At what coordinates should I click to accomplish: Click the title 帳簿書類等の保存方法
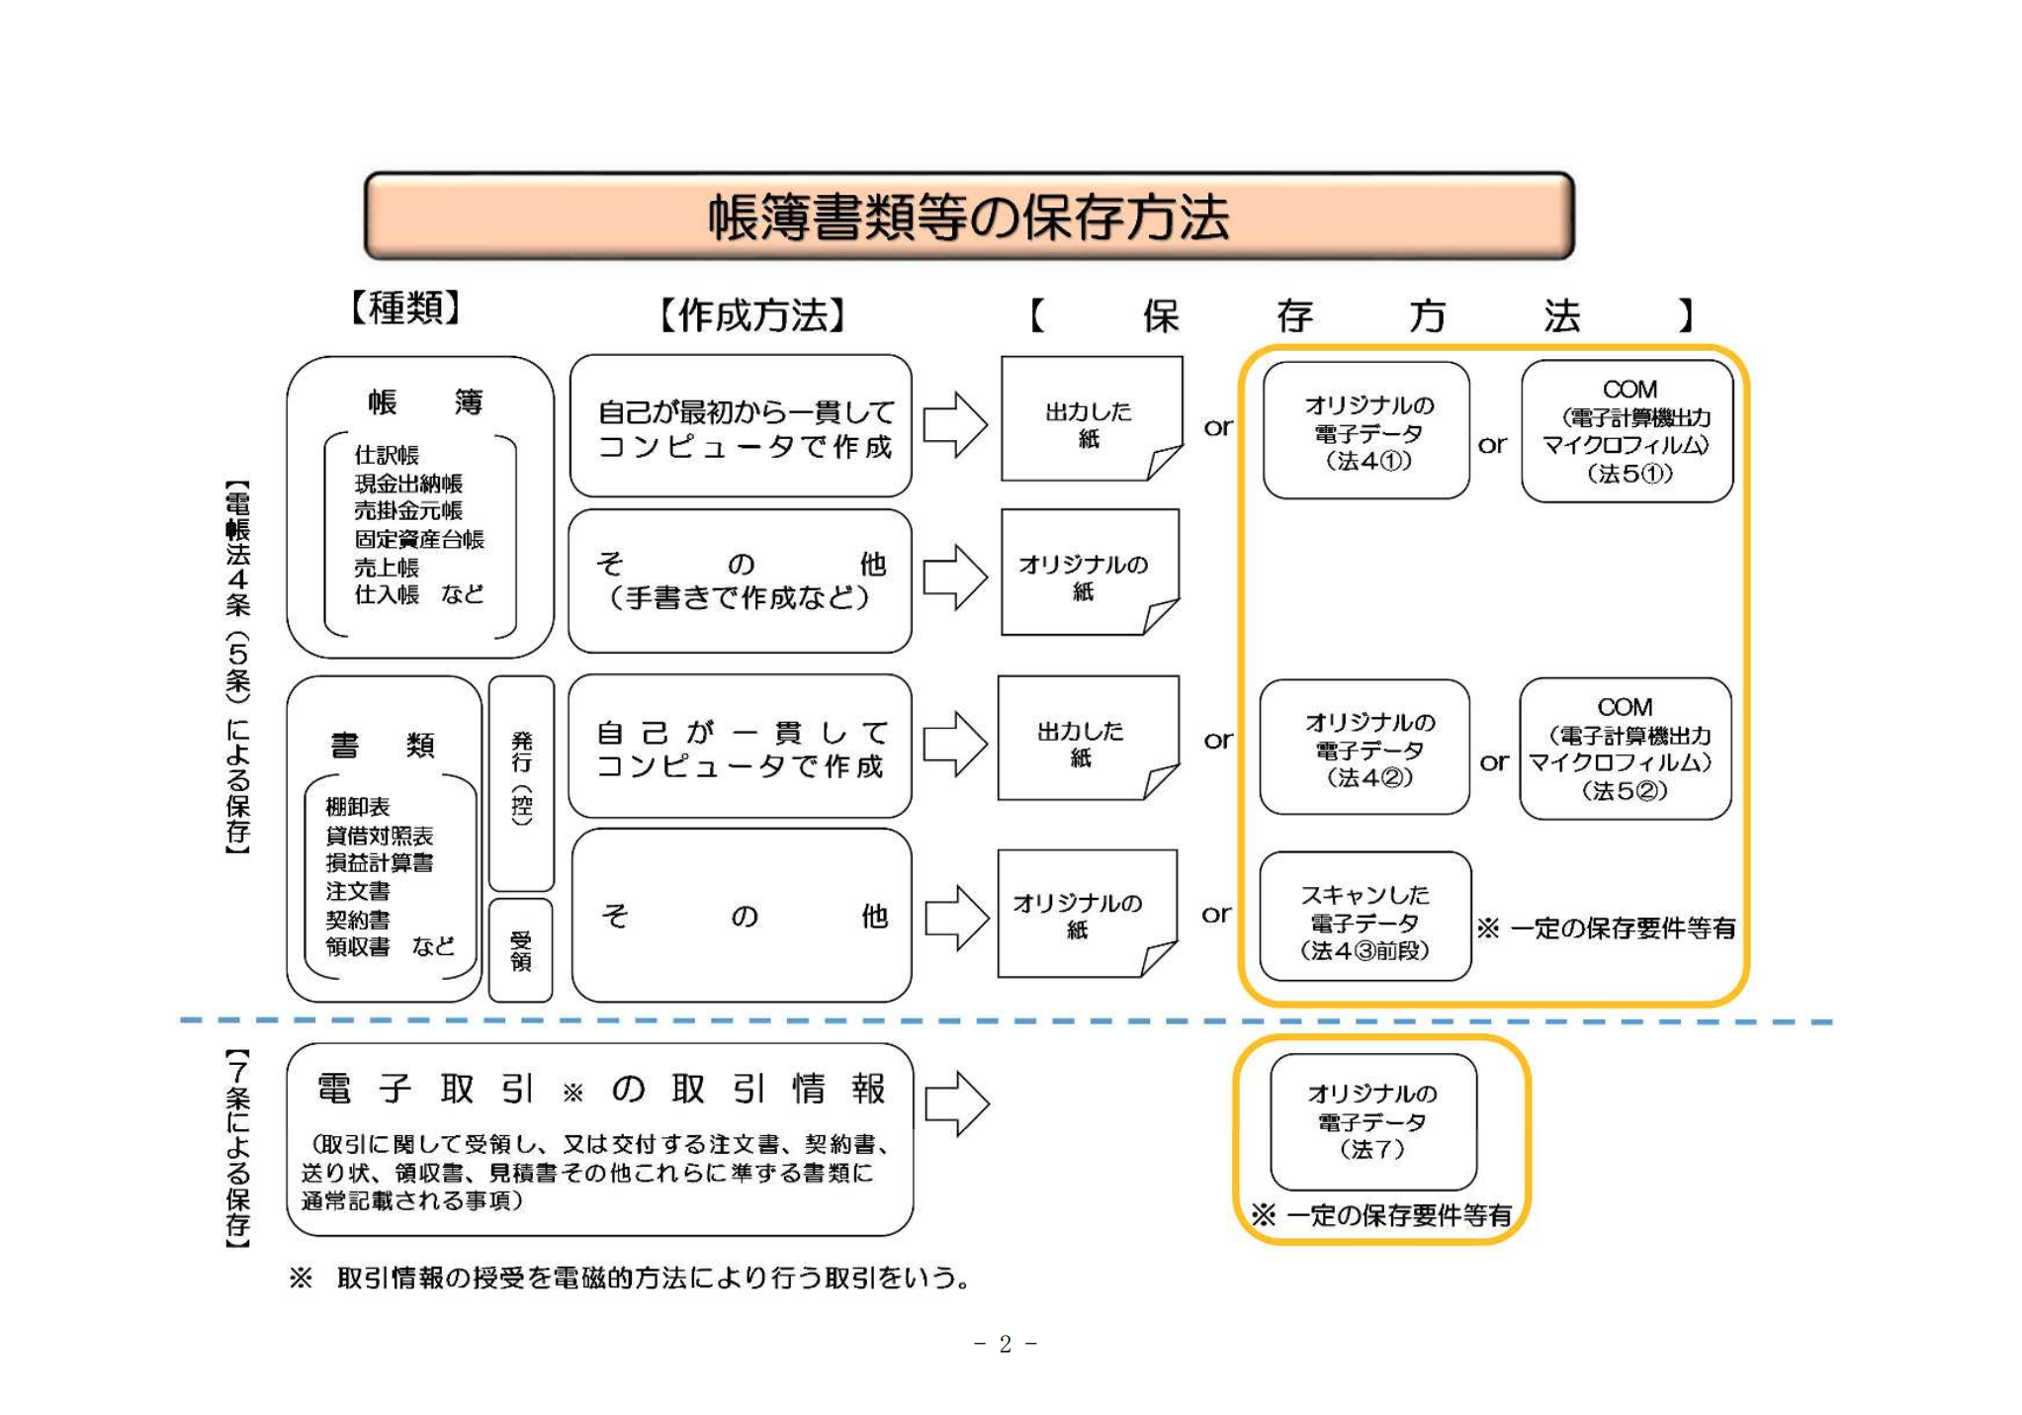pyautogui.click(x=968, y=217)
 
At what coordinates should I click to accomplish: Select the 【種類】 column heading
pyautogui.click(x=405, y=308)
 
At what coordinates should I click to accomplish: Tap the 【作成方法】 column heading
pyautogui.click(x=751, y=315)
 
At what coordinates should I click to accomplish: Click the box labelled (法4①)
pyautogui.click(x=1366, y=432)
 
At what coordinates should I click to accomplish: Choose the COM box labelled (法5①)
pyautogui.click(x=1626, y=432)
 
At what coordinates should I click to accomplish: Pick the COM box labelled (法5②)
pyautogui.click(x=1625, y=750)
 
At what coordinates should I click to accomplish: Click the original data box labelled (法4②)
pyautogui.click(x=1365, y=749)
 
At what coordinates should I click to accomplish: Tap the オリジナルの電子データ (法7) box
pyautogui.click(x=1372, y=1121)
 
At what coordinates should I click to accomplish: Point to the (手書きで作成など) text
pyautogui.click(x=740, y=598)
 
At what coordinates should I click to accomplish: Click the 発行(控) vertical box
pyautogui.click(x=521, y=781)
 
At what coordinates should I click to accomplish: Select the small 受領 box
pyautogui.click(x=520, y=950)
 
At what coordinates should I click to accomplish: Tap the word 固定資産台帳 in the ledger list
pyautogui.click(x=419, y=539)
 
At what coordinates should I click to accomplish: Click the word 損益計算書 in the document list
pyautogui.click(x=380, y=862)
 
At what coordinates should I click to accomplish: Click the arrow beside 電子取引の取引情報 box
pyautogui.click(x=956, y=1103)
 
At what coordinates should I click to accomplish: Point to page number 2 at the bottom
pyautogui.click(x=1005, y=1344)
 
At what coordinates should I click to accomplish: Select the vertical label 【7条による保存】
pyautogui.click(x=237, y=1147)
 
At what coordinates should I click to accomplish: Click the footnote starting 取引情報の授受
pyautogui.click(x=653, y=1278)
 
